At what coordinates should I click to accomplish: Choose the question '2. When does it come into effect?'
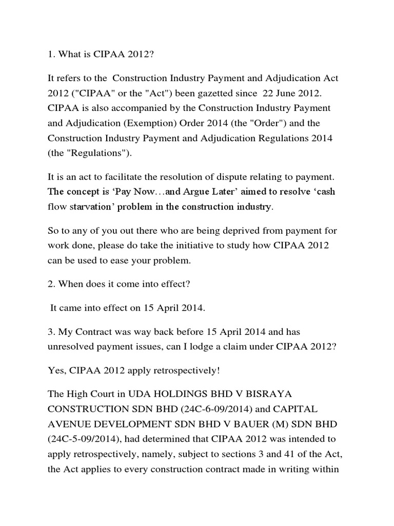[112, 284]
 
